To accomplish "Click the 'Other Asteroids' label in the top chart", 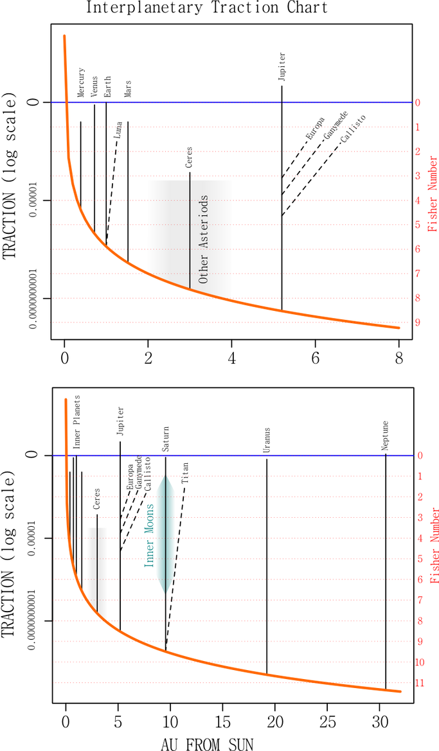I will pos(204,239).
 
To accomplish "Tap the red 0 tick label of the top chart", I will pos(418,102).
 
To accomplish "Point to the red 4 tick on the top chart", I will pos(418,200).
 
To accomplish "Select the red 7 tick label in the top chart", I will pos(418,274).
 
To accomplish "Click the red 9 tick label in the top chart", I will pos(418,322).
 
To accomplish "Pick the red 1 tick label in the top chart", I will pos(418,127).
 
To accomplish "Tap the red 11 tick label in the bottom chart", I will pos(420,683).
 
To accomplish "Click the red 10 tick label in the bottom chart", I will pos(420,662).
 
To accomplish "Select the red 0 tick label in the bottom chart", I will pos(420,455).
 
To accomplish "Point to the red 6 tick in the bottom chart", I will pos(420,579).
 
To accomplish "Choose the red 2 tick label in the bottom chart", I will pos(420,497).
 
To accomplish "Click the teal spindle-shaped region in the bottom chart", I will pos(166,533).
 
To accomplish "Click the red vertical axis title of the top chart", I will pos(433,193).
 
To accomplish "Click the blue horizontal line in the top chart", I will pos(231,102).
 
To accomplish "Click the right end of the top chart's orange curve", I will pos(399,328).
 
